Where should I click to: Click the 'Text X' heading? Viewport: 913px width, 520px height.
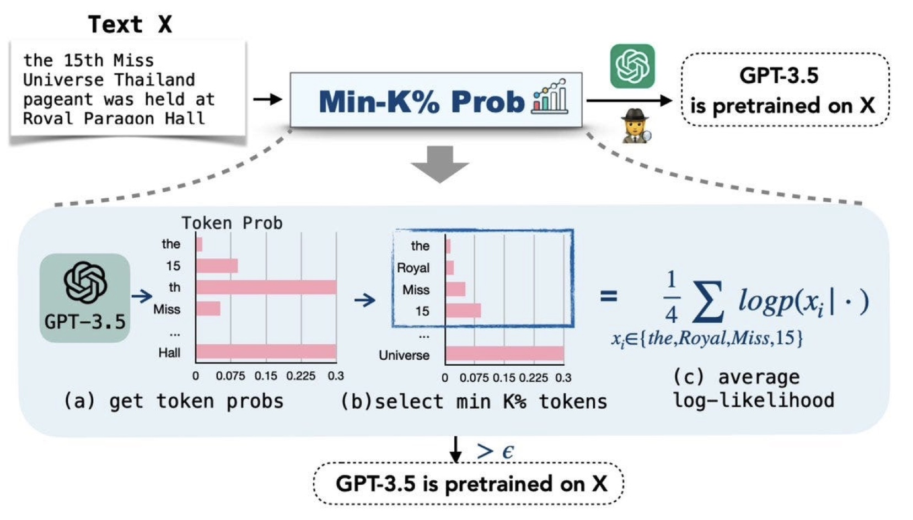click(130, 25)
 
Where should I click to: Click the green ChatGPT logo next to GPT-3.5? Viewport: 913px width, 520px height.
click(632, 66)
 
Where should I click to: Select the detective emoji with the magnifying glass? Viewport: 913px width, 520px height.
click(636, 126)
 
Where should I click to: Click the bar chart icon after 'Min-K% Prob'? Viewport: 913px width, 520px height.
click(550, 97)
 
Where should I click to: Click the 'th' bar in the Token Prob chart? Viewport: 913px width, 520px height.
click(266, 287)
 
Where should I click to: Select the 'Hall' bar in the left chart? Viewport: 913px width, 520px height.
click(266, 351)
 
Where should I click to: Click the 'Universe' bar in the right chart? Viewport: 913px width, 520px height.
click(504, 354)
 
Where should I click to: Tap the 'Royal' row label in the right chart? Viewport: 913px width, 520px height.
click(413, 268)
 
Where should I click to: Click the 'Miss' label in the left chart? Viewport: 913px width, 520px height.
click(167, 309)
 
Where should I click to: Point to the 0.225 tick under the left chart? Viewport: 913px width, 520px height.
click(301, 376)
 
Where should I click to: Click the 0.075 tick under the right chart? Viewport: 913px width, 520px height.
click(474, 378)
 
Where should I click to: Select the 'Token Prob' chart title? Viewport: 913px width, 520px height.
click(232, 223)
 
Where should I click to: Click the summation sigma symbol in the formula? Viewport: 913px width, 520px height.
click(708, 301)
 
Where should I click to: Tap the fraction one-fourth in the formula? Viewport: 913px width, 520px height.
click(671, 297)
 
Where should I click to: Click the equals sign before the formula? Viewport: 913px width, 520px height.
click(609, 296)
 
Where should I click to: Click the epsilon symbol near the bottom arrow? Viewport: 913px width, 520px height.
click(508, 452)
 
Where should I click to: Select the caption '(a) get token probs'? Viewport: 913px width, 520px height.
click(173, 401)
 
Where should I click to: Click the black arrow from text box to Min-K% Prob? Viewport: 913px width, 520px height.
click(267, 100)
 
